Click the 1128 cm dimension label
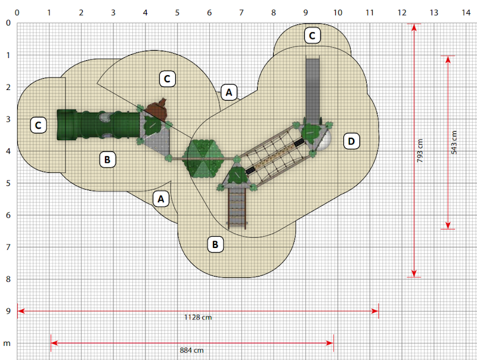(198, 318)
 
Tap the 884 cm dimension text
(191, 350)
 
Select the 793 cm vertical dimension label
(420, 151)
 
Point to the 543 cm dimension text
(454, 142)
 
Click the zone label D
(351, 141)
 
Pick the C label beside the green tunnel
(38, 125)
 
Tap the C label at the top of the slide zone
(312, 36)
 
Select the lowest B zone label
(215, 244)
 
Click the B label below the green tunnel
(107, 160)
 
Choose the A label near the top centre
(229, 92)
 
